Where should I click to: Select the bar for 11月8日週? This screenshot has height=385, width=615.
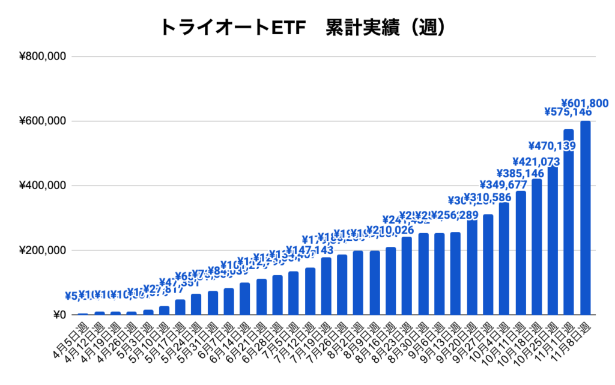click(x=585, y=217)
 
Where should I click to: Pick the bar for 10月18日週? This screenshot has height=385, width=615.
click(x=536, y=247)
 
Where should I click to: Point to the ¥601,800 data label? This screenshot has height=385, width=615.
click(x=585, y=103)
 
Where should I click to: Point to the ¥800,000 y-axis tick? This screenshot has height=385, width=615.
click(x=42, y=57)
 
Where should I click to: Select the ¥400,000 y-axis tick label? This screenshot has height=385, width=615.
click(x=42, y=186)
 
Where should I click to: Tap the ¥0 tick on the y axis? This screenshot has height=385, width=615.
click(x=59, y=315)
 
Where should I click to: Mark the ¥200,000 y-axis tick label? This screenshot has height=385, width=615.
click(x=42, y=250)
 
